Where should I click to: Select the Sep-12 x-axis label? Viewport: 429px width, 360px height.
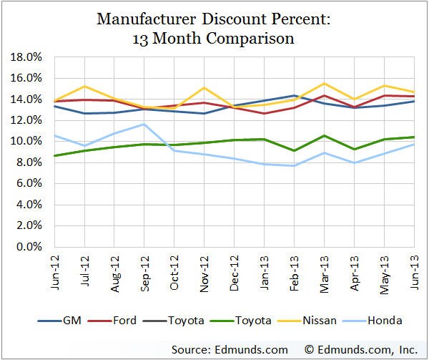click(145, 271)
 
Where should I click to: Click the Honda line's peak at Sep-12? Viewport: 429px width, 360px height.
click(145, 124)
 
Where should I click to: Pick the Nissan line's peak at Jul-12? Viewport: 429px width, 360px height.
click(85, 86)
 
